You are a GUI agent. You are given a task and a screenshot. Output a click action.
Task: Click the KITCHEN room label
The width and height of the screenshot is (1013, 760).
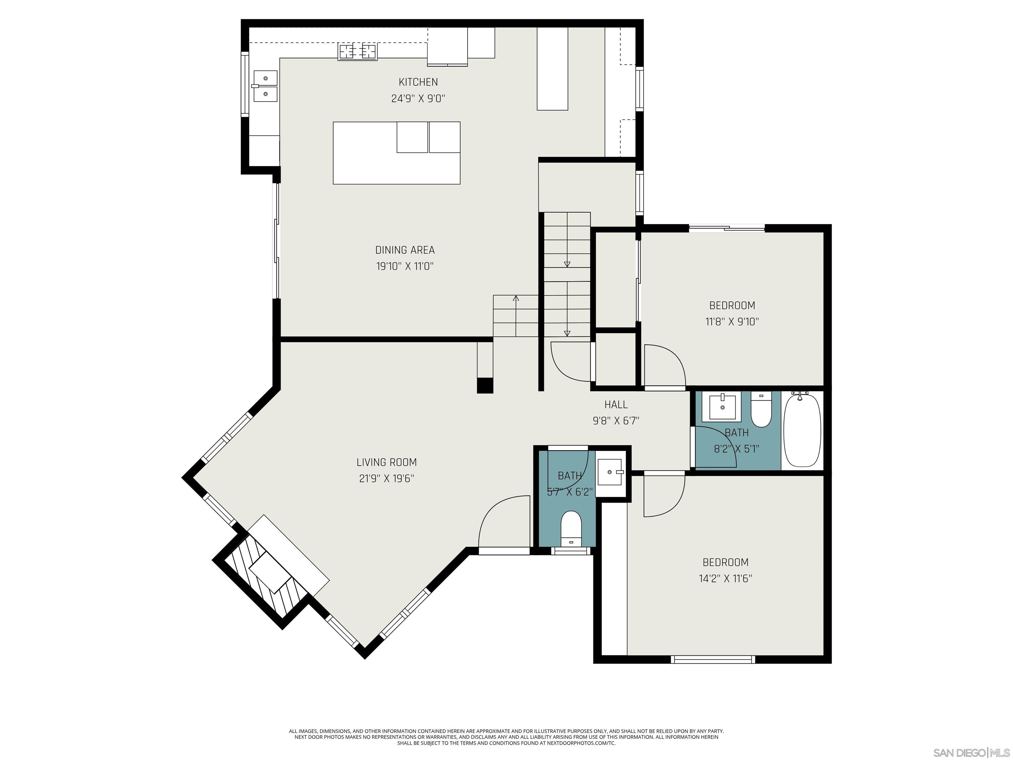click(418, 82)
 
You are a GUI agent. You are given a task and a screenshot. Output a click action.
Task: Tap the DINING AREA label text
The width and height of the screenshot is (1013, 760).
click(405, 250)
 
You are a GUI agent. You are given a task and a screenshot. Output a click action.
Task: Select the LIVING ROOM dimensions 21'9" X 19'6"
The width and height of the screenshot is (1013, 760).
click(386, 479)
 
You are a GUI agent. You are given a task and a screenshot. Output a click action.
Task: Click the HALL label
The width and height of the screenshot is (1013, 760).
click(616, 404)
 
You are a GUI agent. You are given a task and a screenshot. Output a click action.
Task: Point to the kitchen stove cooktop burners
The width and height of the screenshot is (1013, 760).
click(358, 51)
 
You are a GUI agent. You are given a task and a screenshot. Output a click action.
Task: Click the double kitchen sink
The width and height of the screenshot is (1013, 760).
click(265, 86)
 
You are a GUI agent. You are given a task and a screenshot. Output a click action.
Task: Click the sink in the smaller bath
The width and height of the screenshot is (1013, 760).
click(610, 472)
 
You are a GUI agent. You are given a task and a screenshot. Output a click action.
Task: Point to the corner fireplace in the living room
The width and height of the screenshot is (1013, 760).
click(270, 573)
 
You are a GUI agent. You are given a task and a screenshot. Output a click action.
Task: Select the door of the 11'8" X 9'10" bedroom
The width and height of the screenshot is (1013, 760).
click(664, 366)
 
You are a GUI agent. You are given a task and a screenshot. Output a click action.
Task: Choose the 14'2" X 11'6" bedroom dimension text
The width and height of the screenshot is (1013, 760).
click(725, 579)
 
